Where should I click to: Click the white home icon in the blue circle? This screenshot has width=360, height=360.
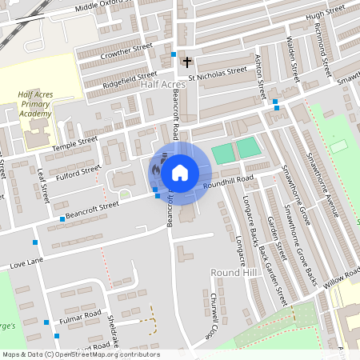(180, 172)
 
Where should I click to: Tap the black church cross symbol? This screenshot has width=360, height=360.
(187, 61)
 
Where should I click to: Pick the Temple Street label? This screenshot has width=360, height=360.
(74, 144)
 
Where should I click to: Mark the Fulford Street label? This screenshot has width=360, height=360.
(78, 171)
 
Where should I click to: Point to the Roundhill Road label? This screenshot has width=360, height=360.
(228, 181)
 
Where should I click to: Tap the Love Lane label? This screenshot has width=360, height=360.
(24, 262)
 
